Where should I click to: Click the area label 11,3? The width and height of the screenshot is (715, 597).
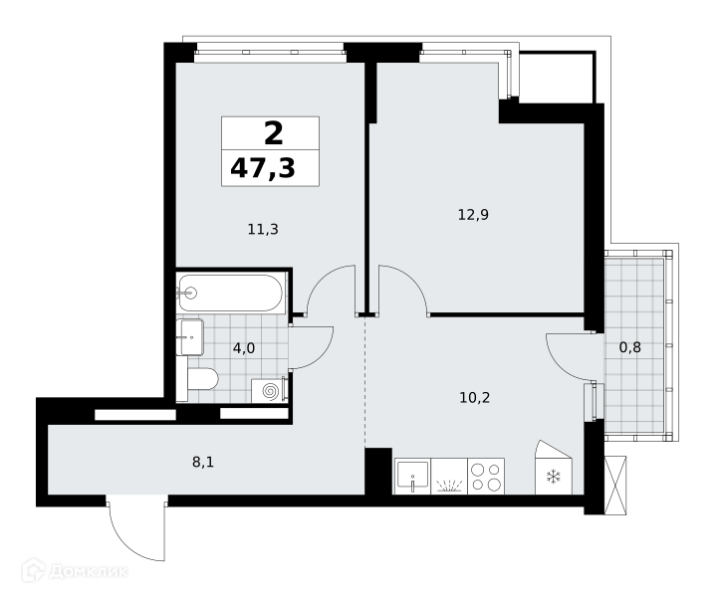click(x=263, y=229)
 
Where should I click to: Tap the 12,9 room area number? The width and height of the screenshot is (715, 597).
click(x=473, y=214)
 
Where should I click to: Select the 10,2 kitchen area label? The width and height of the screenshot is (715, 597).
click(x=475, y=398)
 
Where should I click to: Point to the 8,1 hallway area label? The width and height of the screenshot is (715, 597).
click(x=203, y=462)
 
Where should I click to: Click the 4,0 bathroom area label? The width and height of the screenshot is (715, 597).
click(x=244, y=348)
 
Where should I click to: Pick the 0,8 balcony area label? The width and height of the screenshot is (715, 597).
click(x=629, y=347)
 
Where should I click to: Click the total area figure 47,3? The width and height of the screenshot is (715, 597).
click(x=263, y=168)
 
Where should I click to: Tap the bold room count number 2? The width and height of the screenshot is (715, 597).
click(x=274, y=133)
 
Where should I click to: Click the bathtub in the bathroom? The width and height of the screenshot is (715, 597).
click(x=231, y=294)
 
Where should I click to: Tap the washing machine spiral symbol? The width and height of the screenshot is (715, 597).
click(x=270, y=391)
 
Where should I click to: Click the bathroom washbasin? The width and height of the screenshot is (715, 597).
click(x=189, y=337)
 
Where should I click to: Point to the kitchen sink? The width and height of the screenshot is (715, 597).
click(x=412, y=477)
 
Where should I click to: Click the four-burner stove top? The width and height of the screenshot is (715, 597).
click(x=486, y=477)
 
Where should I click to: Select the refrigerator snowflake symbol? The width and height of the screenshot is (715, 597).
click(x=553, y=478)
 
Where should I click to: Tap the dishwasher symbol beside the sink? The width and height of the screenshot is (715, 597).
click(x=449, y=477)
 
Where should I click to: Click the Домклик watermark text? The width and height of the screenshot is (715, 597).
click(x=89, y=571)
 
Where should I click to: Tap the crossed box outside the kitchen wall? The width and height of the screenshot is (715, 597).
click(x=615, y=486)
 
